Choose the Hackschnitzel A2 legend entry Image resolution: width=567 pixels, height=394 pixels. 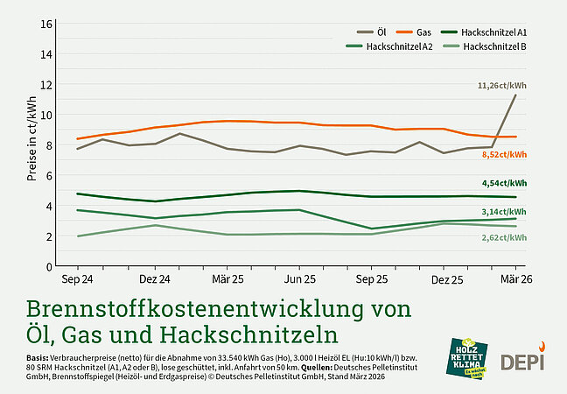(400, 46)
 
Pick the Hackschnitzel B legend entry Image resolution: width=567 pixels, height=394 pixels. (493, 46)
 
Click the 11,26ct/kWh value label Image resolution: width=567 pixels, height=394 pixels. (502, 86)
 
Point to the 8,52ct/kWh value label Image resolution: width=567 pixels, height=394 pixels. (504, 154)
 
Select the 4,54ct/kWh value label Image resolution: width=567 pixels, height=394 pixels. (504, 183)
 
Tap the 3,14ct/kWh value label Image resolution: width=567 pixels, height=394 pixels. (504, 211)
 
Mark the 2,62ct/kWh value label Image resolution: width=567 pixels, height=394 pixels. (504, 237)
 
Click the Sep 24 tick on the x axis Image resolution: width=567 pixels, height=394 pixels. (77, 279)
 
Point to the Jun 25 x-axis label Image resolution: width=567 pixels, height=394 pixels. (299, 279)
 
